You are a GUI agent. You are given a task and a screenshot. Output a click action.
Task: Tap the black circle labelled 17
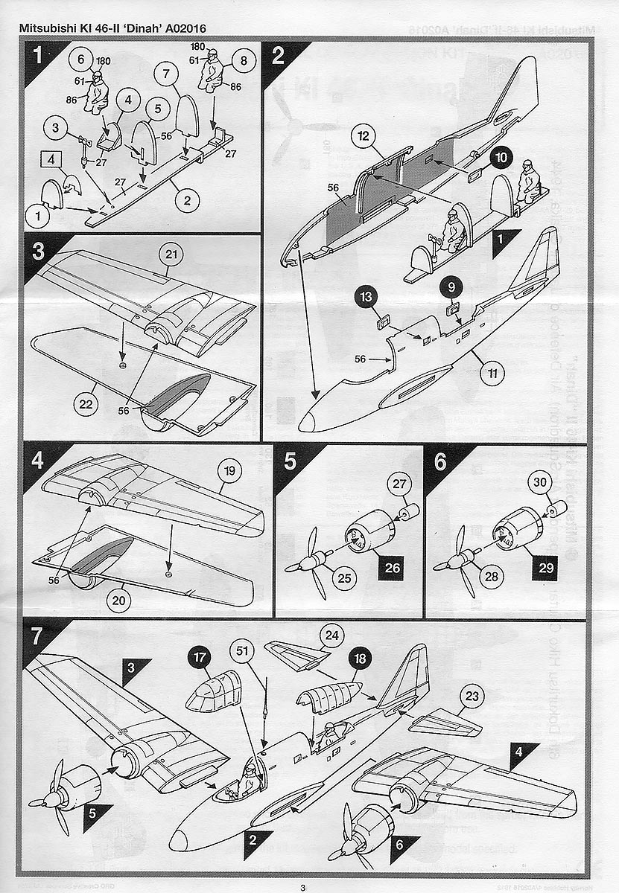coord(200,658)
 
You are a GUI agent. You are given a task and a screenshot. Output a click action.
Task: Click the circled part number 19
coord(229,471)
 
